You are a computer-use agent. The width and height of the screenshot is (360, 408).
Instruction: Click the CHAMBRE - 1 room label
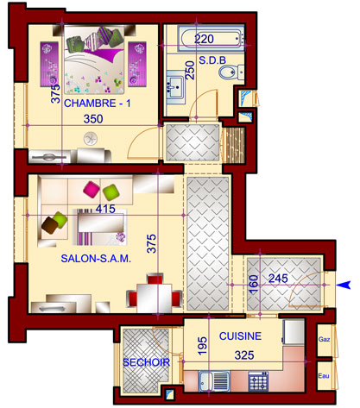97,104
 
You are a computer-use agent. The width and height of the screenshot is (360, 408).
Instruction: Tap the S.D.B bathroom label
212,60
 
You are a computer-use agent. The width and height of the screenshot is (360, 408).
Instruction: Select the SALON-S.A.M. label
96,259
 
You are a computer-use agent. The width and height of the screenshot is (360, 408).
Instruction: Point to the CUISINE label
240,336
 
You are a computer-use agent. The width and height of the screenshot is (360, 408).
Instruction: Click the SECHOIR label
146,362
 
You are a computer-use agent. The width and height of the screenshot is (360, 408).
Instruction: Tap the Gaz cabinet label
324,339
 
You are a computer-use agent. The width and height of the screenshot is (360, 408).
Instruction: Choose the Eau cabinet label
324,376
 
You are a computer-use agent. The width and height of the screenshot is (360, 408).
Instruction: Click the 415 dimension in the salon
105,209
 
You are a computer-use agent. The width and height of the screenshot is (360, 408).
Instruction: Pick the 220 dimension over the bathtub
204,39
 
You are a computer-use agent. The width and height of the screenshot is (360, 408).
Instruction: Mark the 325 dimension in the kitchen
244,355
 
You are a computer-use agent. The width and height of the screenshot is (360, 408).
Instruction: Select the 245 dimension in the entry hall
278,279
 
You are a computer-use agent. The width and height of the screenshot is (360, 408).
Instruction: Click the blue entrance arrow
344,285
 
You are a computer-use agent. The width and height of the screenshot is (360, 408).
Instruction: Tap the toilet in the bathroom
231,72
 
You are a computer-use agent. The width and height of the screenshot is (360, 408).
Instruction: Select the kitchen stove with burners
258,381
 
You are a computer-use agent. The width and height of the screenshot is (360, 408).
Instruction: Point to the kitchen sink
214,381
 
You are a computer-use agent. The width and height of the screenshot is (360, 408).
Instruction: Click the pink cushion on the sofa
92,189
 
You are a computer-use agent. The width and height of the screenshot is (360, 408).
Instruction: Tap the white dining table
155,298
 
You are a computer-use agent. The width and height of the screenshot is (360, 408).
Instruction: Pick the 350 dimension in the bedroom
93,119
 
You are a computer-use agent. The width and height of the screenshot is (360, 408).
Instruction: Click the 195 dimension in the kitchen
202,345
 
